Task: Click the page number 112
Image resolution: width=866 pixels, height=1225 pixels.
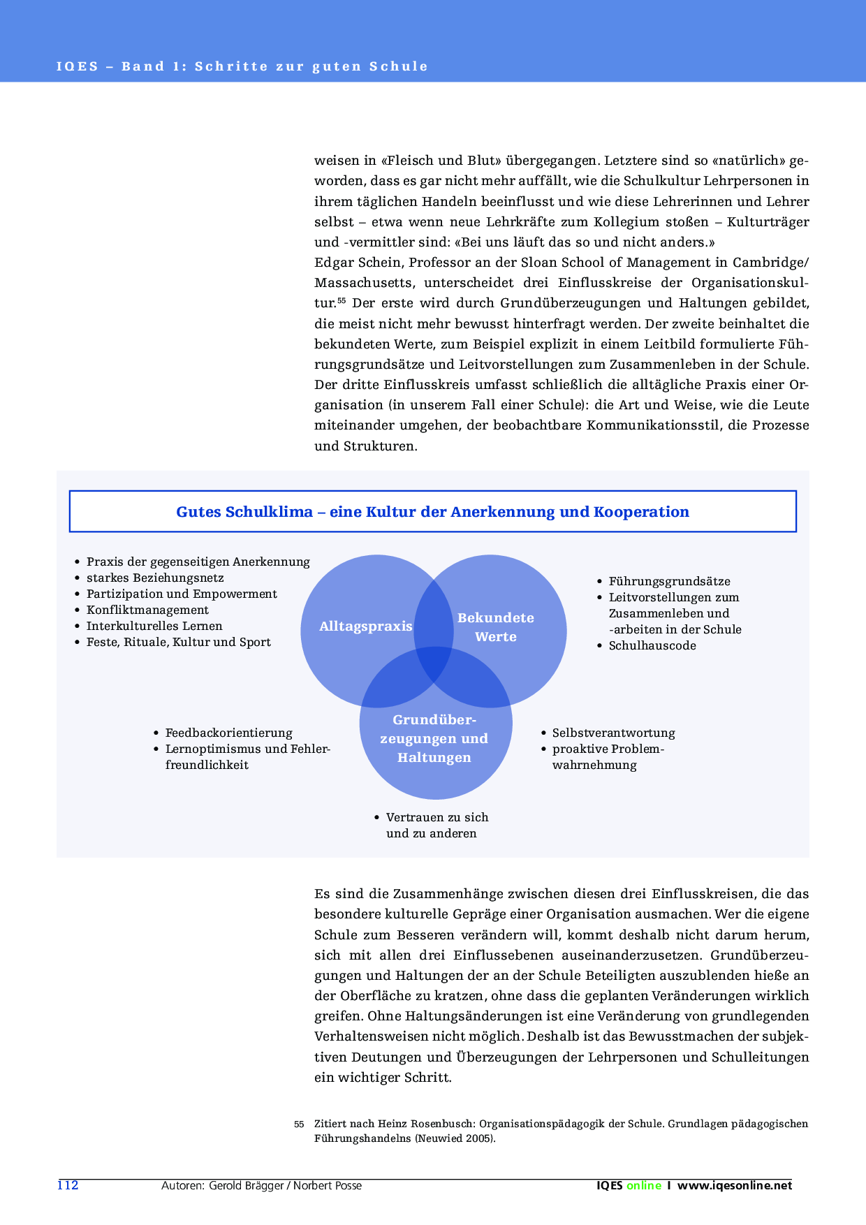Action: (x=68, y=1184)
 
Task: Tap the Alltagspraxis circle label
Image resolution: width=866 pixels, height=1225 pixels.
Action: (x=365, y=626)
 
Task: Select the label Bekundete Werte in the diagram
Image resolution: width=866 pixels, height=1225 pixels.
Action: (x=496, y=626)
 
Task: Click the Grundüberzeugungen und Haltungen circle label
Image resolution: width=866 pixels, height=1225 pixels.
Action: (x=434, y=738)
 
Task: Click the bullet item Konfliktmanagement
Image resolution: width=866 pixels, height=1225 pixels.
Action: (x=147, y=610)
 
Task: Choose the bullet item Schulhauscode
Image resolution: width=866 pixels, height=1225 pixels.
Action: (x=652, y=645)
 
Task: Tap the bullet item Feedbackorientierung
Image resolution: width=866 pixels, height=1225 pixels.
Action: (x=228, y=733)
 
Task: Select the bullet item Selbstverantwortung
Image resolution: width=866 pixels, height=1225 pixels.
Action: (x=613, y=733)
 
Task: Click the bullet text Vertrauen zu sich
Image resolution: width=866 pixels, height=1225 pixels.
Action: (x=437, y=817)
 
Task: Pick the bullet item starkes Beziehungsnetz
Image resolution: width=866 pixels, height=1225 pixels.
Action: (x=155, y=578)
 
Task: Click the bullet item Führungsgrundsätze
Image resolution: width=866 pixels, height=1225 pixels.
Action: (x=669, y=581)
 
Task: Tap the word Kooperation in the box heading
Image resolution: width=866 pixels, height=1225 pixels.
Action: (x=641, y=511)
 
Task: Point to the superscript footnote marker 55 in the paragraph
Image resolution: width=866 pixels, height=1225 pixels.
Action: (x=342, y=301)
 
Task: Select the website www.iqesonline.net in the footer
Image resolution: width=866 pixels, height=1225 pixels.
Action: (x=735, y=1185)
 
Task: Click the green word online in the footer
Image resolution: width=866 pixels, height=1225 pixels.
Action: (x=643, y=1185)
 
